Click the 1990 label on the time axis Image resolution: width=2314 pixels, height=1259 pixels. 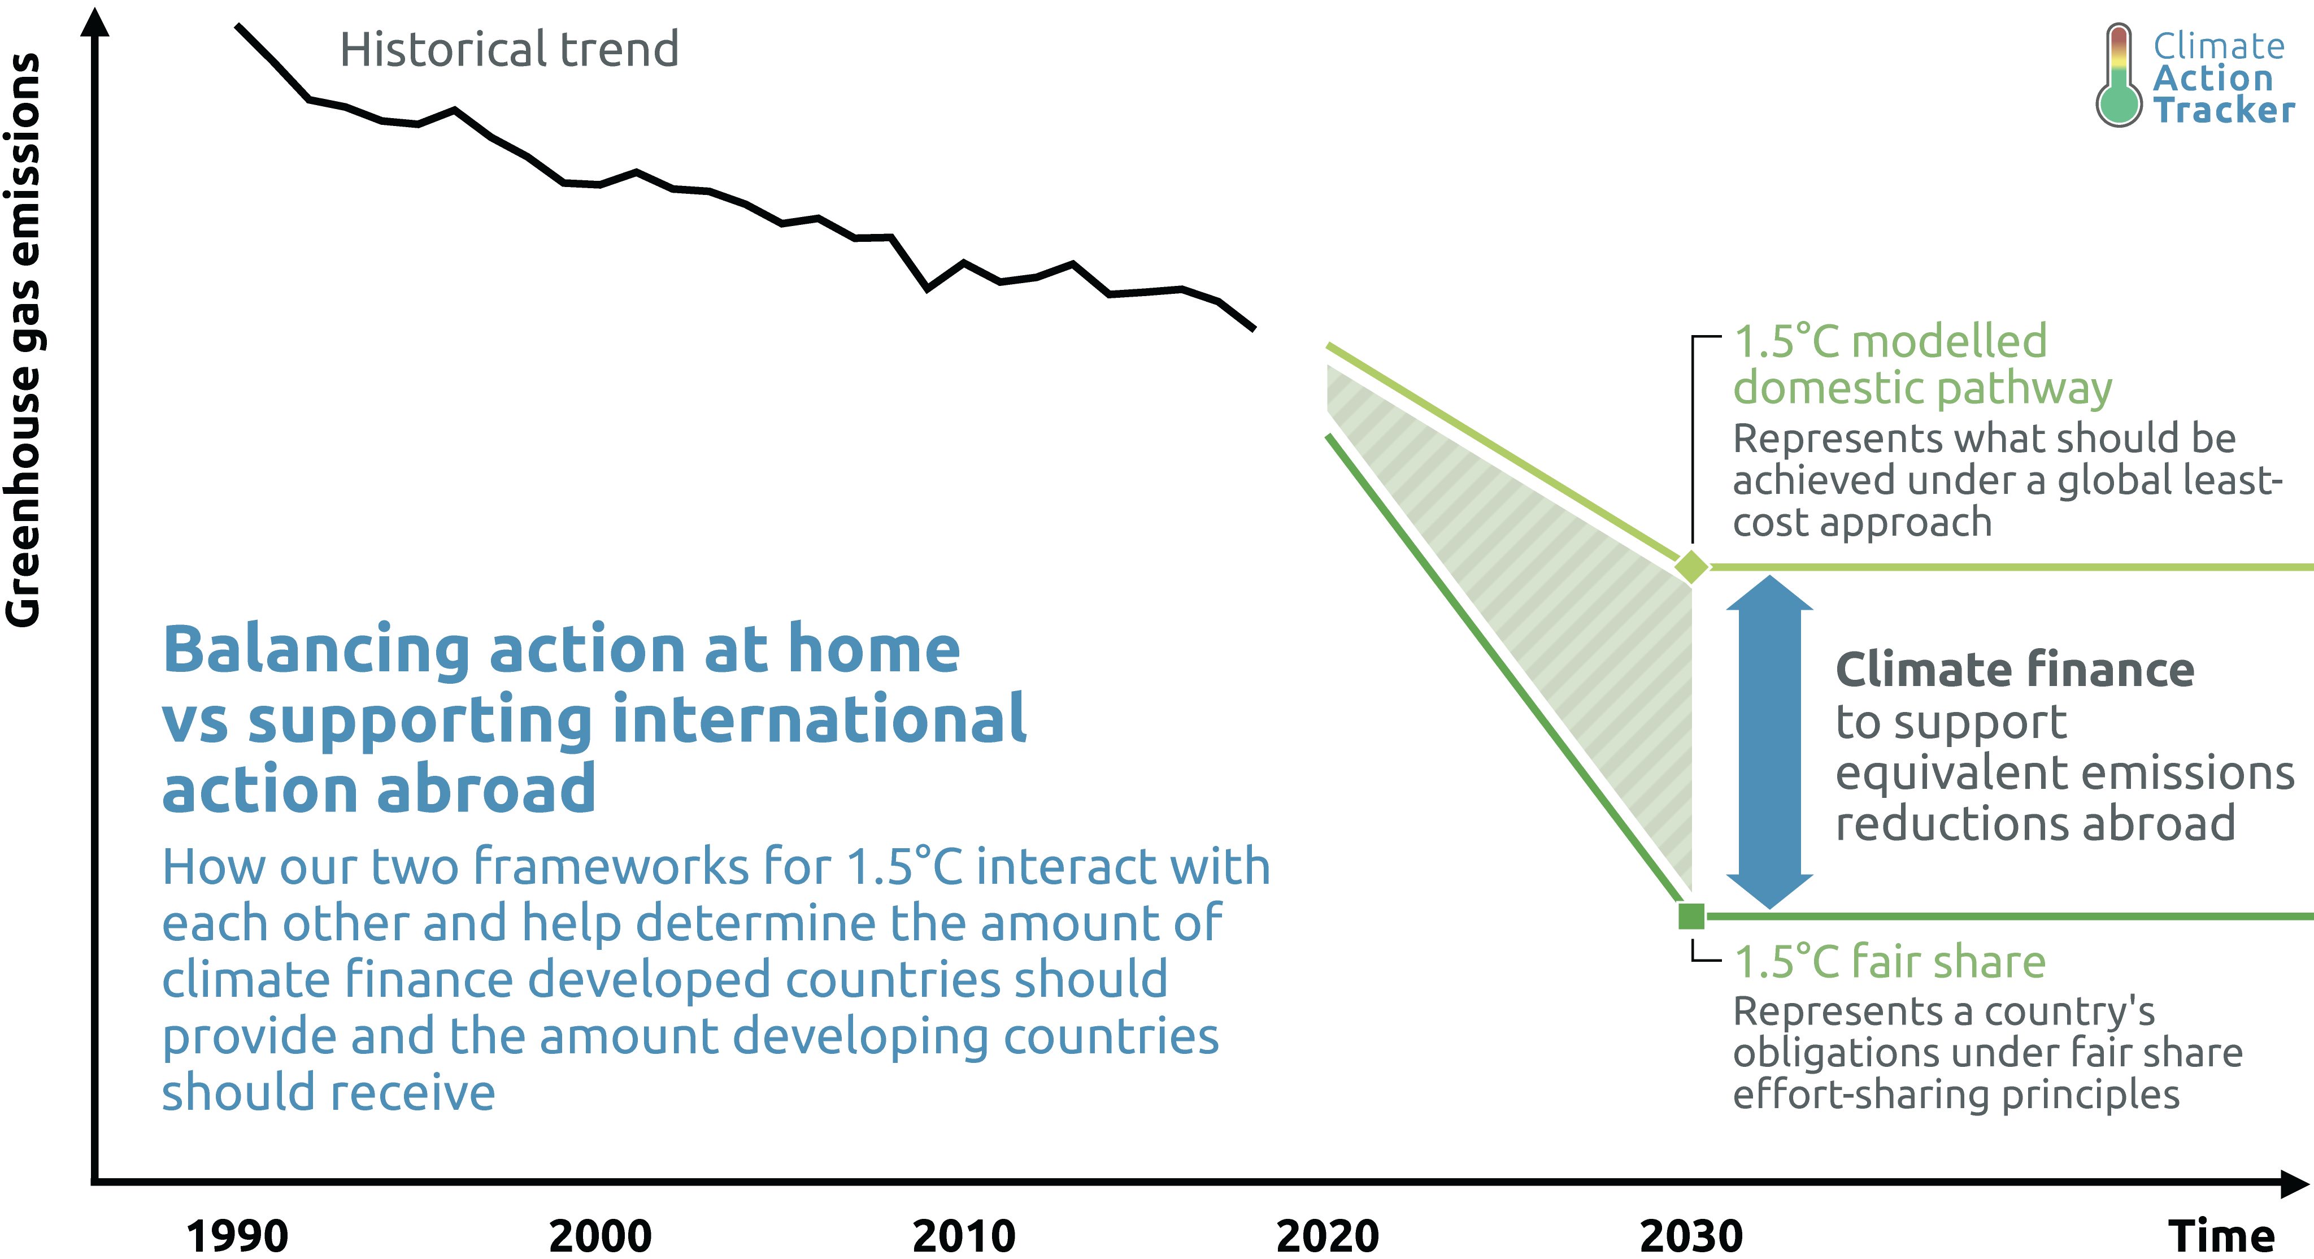[x=237, y=1236]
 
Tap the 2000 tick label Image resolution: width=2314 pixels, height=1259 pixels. [x=600, y=1236]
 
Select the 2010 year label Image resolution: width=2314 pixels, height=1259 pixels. [x=964, y=1236]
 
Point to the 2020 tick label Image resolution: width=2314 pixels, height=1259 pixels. [x=1328, y=1236]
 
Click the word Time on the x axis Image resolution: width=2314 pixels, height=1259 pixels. [x=2221, y=1236]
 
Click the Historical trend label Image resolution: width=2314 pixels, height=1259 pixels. [x=508, y=49]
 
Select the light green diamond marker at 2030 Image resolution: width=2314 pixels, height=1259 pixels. [x=1691, y=567]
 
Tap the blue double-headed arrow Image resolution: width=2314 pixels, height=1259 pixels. [x=1769, y=741]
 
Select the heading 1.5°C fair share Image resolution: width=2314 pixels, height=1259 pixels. [x=1890, y=962]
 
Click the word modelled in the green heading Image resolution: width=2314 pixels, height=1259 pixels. [x=1949, y=341]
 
